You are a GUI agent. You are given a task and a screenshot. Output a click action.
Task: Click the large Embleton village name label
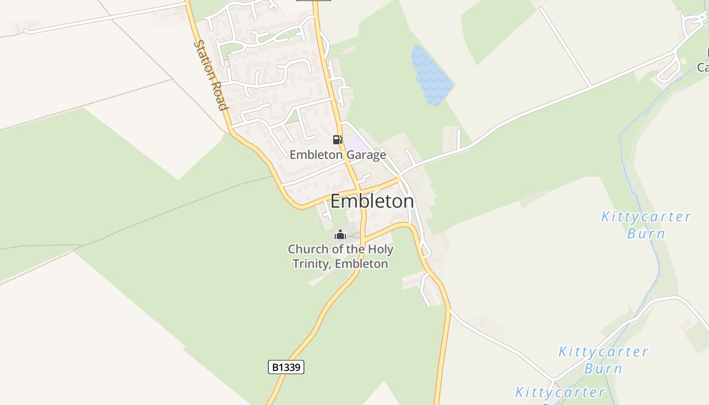[372, 201]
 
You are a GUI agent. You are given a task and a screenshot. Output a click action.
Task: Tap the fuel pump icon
[337, 140]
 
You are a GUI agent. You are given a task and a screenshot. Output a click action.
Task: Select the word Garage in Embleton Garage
[364, 155]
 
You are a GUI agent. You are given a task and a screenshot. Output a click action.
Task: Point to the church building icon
[340, 234]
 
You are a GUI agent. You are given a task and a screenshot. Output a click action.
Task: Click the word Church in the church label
[304, 249]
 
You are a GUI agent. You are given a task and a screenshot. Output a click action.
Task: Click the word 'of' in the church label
[330, 249]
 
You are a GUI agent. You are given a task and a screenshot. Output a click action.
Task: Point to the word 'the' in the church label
[350, 249]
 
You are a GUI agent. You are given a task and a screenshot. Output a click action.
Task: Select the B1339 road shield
[286, 367]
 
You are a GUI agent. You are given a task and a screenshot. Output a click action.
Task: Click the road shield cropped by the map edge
[313, 1]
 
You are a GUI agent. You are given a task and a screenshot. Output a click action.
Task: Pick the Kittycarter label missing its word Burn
[560, 392]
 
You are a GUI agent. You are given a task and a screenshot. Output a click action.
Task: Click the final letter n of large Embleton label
[409, 201]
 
